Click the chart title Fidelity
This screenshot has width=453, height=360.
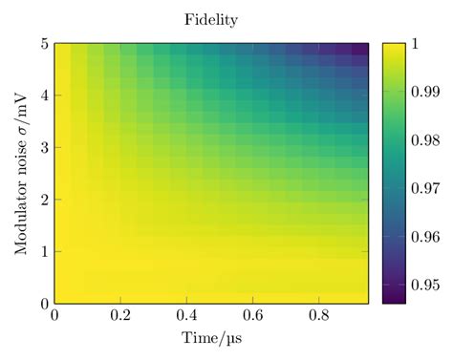[210, 19]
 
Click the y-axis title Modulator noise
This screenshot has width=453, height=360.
[21, 173]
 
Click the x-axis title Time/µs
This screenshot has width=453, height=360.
[210, 339]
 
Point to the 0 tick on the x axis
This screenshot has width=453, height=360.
[54, 316]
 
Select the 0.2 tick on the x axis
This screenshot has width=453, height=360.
[119, 316]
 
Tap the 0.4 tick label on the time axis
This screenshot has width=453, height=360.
[185, 316]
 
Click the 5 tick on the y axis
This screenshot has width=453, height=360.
[43, 43]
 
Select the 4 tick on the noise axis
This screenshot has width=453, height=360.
[43, 95]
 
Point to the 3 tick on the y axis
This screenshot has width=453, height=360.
[43, 147]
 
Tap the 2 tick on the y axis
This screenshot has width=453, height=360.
[43, 200]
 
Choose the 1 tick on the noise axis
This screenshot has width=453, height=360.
[43, 251]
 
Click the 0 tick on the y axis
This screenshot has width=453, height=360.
[43, 304]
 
